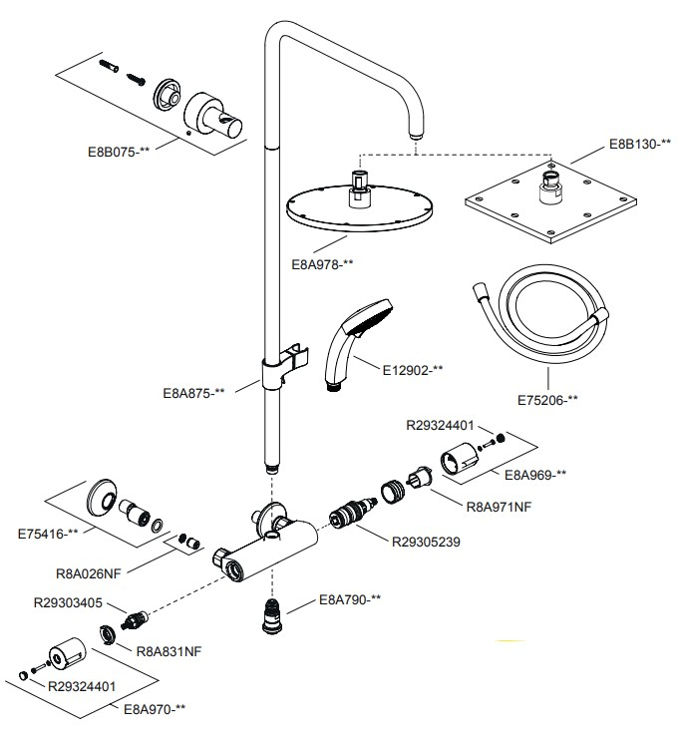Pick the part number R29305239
click(426, 542)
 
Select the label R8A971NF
click(500, 507)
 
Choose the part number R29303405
click(67, 603)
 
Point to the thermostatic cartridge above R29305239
click(348, 523)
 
